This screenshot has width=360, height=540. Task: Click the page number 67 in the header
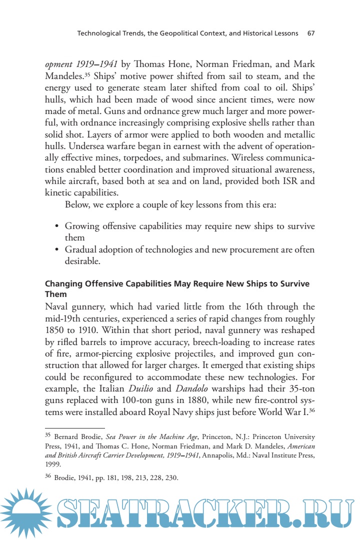(310, 33)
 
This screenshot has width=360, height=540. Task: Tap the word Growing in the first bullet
(81, 226)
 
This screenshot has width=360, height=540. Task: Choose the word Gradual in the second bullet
(81, 249)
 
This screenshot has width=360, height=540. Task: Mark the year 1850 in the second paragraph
(56, 332)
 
